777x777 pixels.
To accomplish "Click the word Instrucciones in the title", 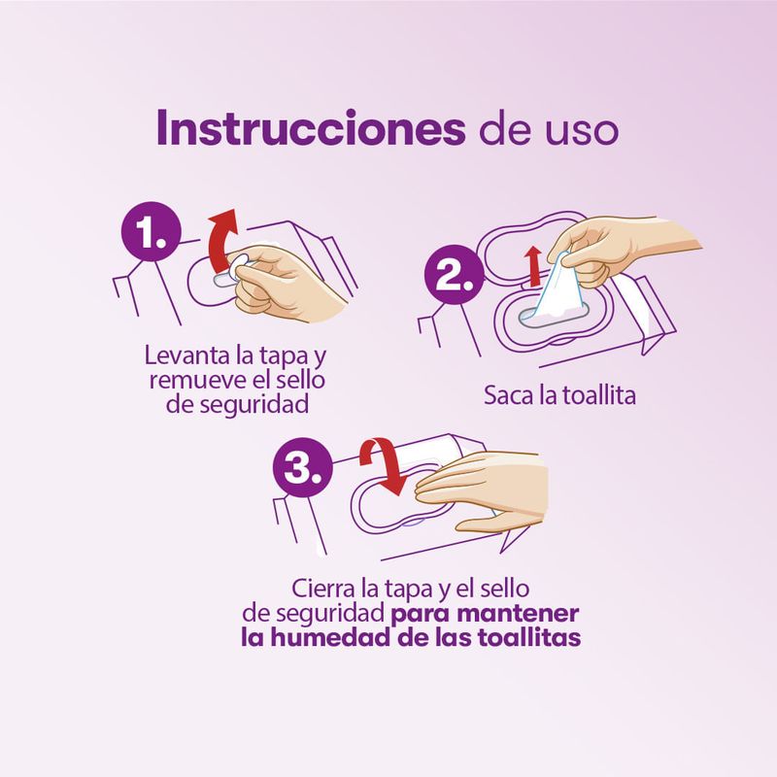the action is point(311,128).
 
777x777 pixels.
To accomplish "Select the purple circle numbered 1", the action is point(152,231).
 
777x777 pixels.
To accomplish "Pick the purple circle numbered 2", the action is point(454,275).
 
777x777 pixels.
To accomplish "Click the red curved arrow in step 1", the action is point(220,241).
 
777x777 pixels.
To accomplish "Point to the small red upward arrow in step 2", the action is point(533,266).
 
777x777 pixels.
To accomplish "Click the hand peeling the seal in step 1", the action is point(287,282).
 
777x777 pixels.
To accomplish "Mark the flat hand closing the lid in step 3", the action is point(482,490).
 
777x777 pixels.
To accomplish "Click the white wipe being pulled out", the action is point(559,289).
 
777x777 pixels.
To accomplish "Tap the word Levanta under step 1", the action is point(188,355).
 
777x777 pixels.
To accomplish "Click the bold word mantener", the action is point(518,614).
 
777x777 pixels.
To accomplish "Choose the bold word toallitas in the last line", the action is point(529,637).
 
